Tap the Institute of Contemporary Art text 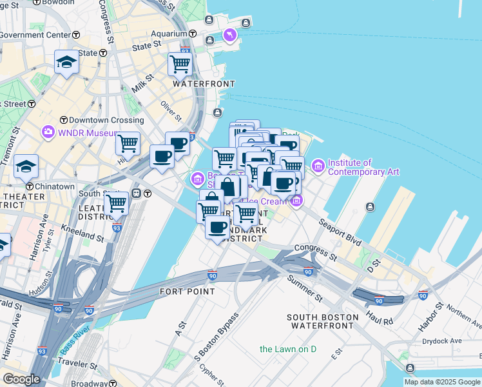click(x=363, y=167)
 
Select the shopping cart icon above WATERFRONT click(x=180, y=64)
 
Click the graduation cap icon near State click(x=66, y=62)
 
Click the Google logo click(x=21, y=379)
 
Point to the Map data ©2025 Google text click(x=442, y=382)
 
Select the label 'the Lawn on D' click(x=288, y=349)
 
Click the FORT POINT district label click(x=188, y=292)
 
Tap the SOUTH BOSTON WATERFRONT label click(x=323, y=321)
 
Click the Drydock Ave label click(x=441, y=341)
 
